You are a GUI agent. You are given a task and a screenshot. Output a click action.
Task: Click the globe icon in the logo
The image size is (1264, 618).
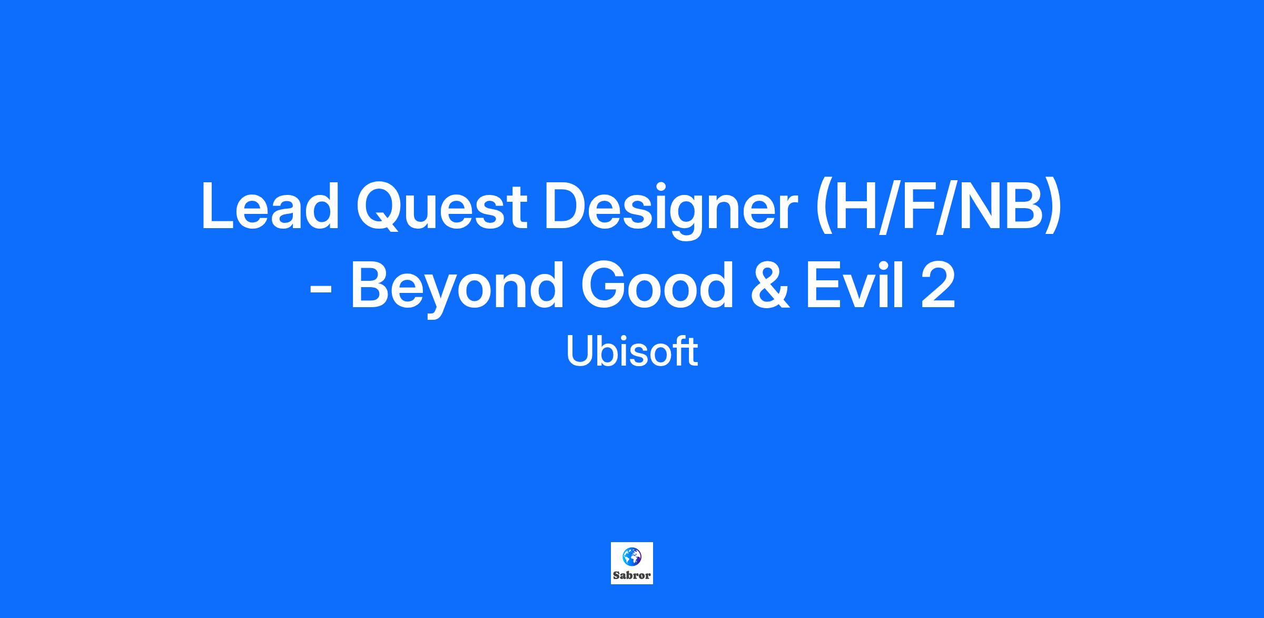632,556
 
